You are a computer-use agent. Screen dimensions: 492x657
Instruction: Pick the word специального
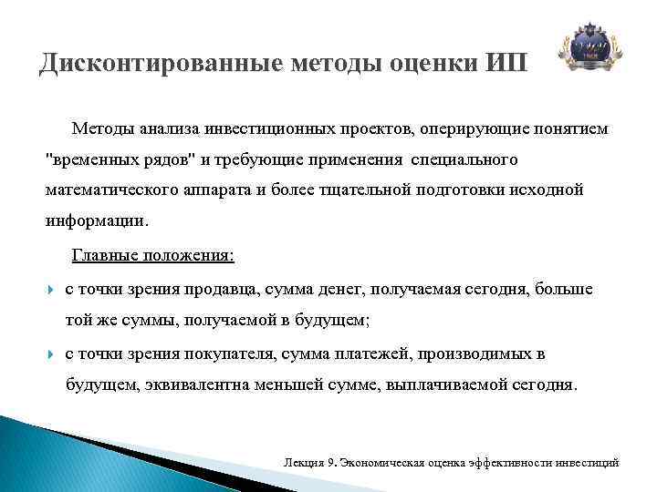pos(464,160)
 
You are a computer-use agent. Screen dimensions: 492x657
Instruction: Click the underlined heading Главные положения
pos(152,256)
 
